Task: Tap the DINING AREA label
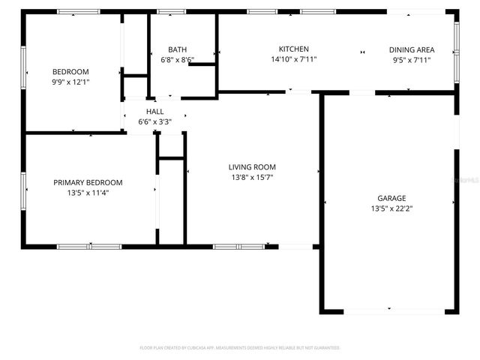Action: (411, 50)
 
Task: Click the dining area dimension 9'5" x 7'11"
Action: (411, 60)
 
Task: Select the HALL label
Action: (155, 112)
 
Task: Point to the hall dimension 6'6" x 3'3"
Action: (155, 121)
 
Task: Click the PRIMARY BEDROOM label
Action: (88, 182)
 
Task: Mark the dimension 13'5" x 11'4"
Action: (88, 192)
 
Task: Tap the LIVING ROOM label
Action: (252, 167)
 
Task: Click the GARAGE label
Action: (391, 199)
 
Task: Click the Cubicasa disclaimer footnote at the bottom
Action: (240, 348)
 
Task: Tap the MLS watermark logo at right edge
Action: (468, 181)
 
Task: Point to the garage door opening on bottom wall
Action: (388, 310)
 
